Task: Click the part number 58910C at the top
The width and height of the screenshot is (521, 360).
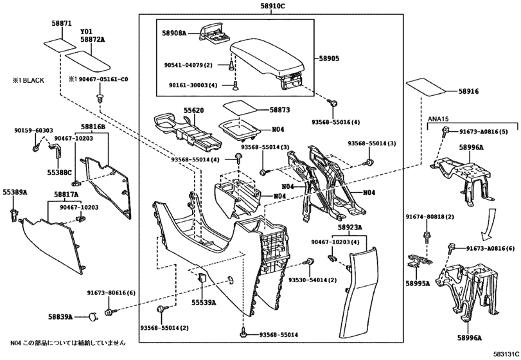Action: (272, 6)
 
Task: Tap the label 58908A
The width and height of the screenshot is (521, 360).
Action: (174, 33)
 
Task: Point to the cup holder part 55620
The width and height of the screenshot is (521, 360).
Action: (188, 131)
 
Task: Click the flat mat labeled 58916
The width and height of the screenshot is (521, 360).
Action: (426, 87)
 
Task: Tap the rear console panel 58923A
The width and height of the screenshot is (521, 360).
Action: (358, 292)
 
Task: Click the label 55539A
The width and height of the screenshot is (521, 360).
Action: (204, 302)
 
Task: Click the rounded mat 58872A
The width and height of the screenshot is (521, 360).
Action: (88, 61)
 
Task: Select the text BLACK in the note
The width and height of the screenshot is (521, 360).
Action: (33, 80)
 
